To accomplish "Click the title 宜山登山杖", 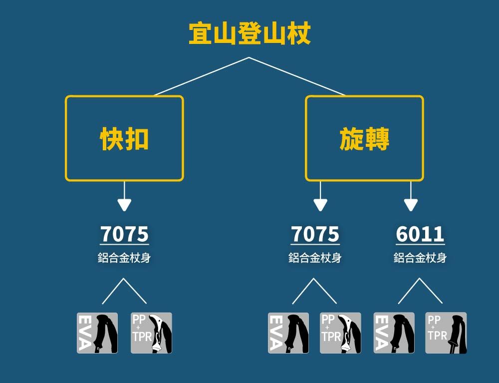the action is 249,34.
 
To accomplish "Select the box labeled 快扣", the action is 124,138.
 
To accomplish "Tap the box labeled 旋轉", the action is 364,138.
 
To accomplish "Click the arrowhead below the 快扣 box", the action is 124,205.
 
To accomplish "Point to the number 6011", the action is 420,234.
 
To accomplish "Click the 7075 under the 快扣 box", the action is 124,234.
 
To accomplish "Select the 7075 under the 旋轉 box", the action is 315,234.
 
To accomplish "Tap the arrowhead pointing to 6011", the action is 411,205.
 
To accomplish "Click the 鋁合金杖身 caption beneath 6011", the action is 420,258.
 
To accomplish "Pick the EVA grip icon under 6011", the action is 394,333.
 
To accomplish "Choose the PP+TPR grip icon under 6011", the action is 446,333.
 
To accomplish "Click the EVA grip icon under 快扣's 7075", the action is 97,333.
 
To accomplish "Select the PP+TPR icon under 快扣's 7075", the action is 151,333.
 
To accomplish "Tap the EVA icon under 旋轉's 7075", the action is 288,333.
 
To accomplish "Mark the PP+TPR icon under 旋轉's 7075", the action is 340,333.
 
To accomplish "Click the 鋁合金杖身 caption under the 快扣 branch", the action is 124,258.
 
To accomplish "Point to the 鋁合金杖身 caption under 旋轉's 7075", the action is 315,258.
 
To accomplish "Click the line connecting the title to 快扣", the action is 202,76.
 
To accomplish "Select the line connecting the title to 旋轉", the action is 297,76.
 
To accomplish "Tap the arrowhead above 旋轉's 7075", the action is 320,205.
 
